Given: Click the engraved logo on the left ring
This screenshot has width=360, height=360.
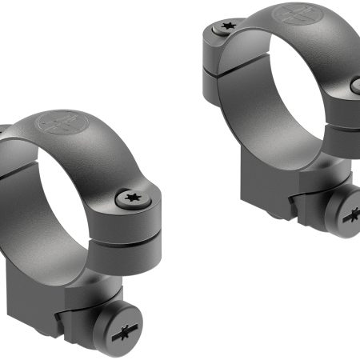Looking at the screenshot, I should tap(60, 126).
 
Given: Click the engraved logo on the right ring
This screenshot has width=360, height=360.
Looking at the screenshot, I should tap(291, 14).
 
